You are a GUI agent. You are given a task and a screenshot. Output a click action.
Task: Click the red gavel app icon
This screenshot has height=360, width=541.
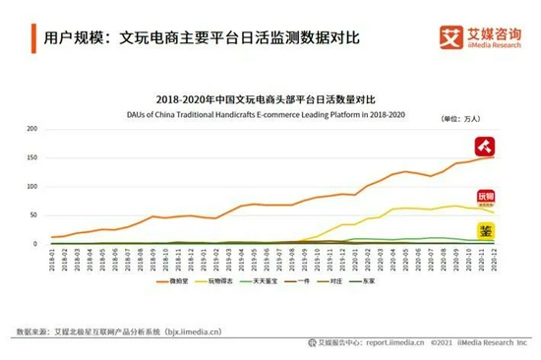pyautogui.click(x=485, y=147)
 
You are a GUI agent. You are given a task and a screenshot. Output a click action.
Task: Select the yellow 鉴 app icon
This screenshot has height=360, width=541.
pyautogui.click(x=485, y=230)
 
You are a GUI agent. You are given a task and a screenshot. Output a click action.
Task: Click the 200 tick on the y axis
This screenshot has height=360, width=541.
pyautogui.click(x=30, y=129)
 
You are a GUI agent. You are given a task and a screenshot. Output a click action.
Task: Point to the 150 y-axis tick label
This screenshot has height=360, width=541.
pyautogui.click(x=30, y=157)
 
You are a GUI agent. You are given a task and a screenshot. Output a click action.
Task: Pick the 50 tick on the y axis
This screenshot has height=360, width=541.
pyautogui.click(x=32, y=215)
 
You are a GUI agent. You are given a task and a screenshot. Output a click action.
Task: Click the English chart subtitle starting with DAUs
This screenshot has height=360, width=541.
pyautogui.click(x=267, y=113)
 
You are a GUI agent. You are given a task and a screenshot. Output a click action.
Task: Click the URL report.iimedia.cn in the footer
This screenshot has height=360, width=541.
pyautogui.click(x=390, y=343)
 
